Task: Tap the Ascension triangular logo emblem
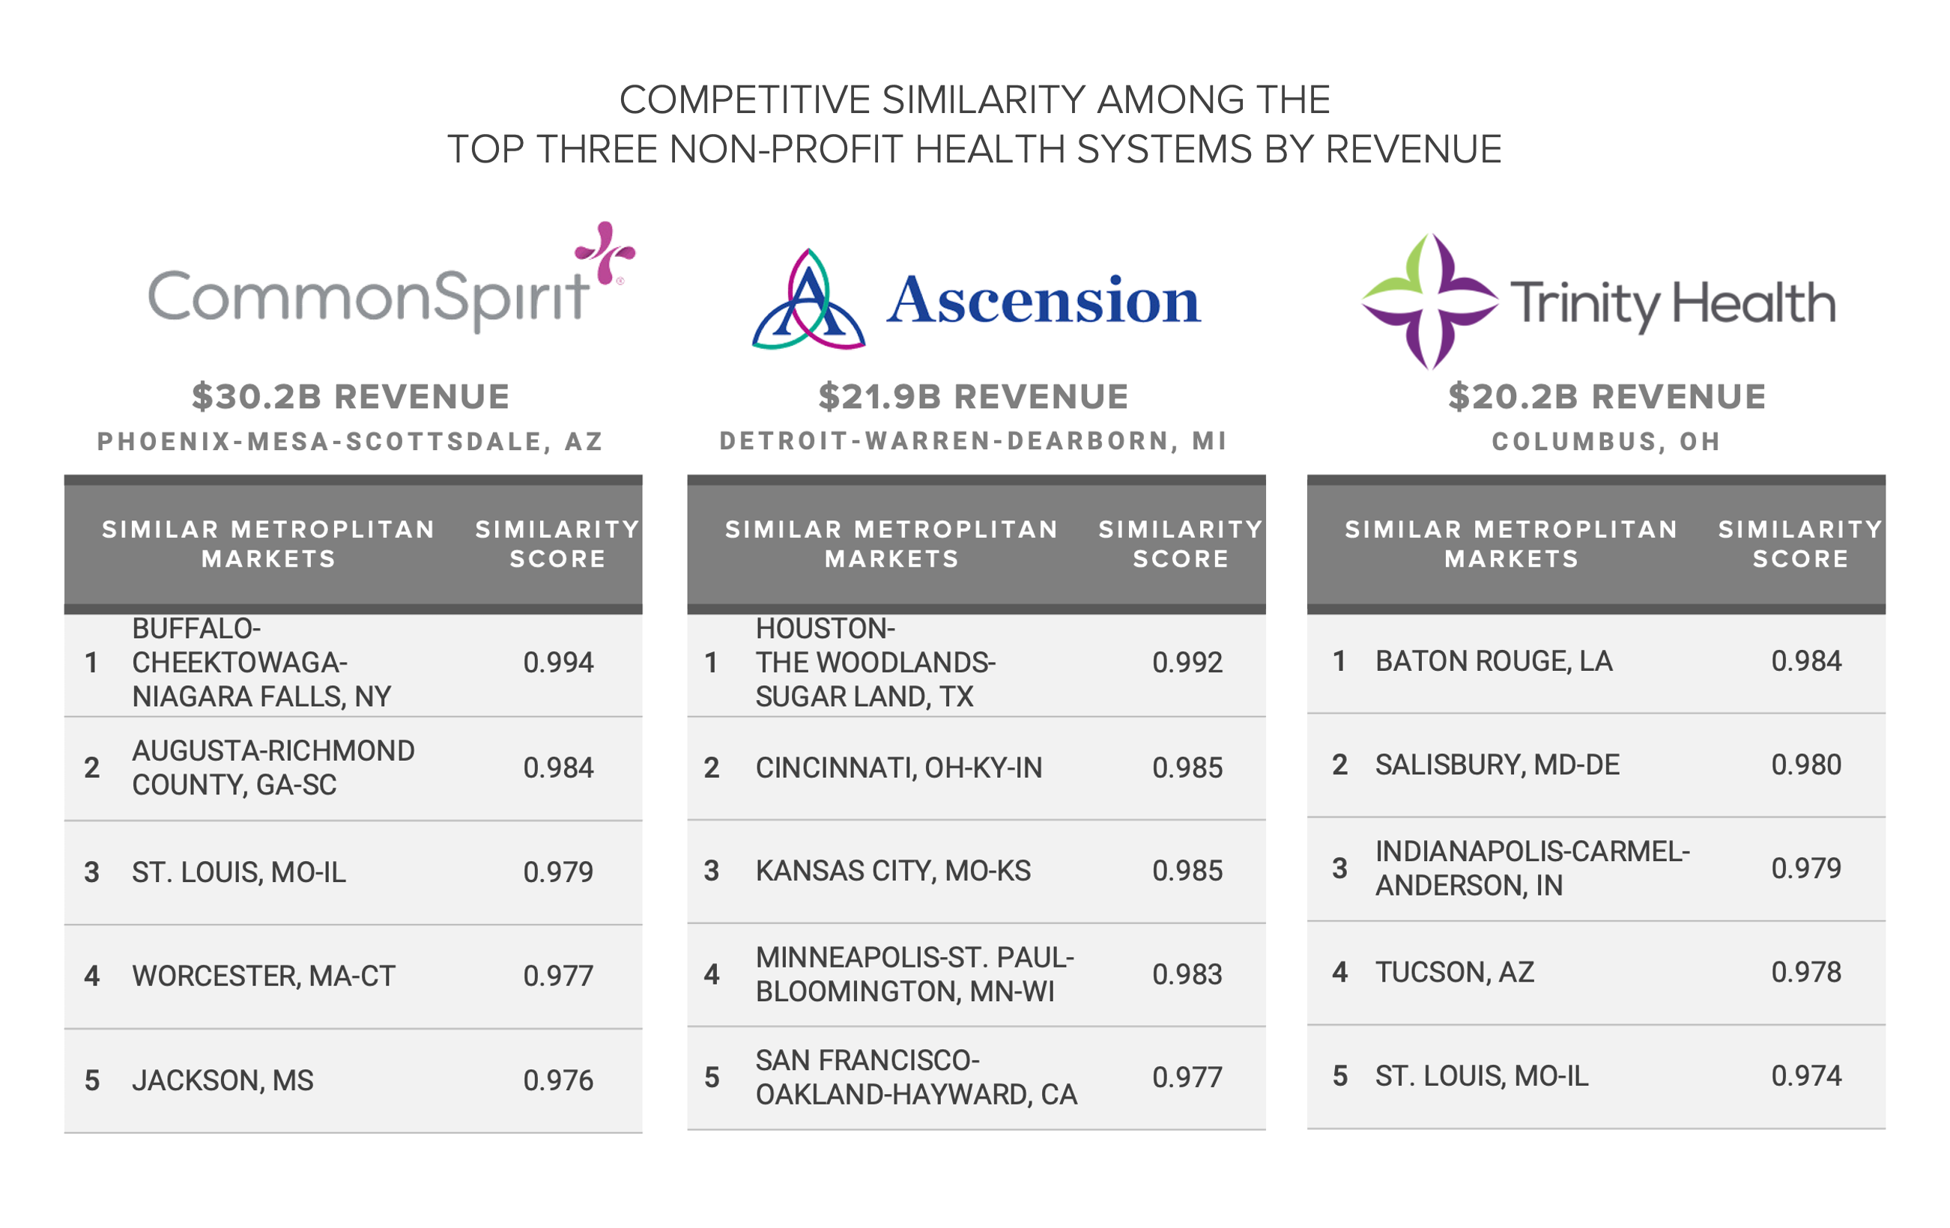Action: coord(808,301)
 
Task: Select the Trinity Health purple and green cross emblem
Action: coord(1429,301)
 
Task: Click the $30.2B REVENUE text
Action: coord(351,397)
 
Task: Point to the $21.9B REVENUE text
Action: coord(973,397)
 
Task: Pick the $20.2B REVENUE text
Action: coord(1607,397)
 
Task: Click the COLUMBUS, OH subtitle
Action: coord(1607,441)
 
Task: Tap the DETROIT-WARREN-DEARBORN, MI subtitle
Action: coord(973,441)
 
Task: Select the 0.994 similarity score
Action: coord(558,663)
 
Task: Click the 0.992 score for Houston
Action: coord(1187,663)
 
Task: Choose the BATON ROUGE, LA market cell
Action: coord(1494,661)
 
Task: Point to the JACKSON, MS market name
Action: coord(222,1080)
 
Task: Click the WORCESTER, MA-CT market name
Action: coord(264,976)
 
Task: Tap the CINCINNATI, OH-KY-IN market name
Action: coord(899,767)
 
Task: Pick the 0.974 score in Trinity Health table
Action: coord(1806,1076)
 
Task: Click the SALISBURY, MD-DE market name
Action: coord(1498,765)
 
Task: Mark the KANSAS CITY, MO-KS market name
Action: coord(893,871)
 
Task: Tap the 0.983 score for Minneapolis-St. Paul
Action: coord(1187,975)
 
